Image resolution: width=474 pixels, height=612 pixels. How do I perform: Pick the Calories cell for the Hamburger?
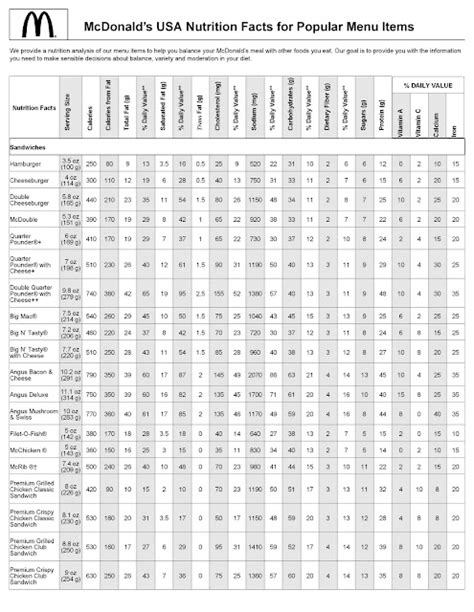(89, 162)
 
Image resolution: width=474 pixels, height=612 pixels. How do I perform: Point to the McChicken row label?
(27, 424)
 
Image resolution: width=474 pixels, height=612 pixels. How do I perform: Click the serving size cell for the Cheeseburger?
(69, 181)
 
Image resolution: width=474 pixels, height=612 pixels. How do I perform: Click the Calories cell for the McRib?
(89, 442)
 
